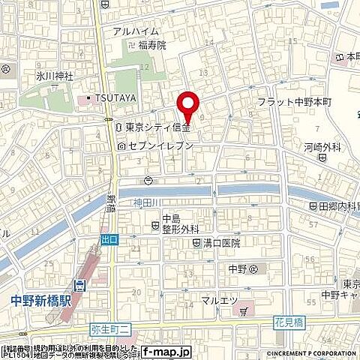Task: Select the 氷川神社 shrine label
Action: coord(31,76)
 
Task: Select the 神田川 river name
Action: coord(147,202)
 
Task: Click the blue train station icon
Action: coord(80,284)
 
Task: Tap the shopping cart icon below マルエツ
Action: coord(243,310)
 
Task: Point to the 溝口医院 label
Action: coord(219,244)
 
